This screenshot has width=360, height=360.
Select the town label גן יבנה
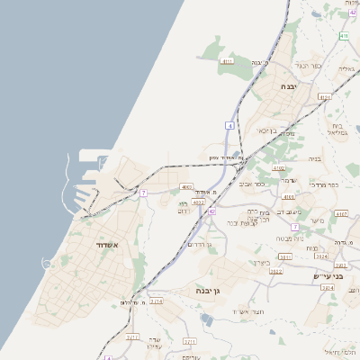208,292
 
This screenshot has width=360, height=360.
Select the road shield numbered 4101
289,195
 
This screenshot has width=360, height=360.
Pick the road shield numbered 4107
341,213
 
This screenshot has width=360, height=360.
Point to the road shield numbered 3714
157,301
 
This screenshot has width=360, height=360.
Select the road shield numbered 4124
325,96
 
